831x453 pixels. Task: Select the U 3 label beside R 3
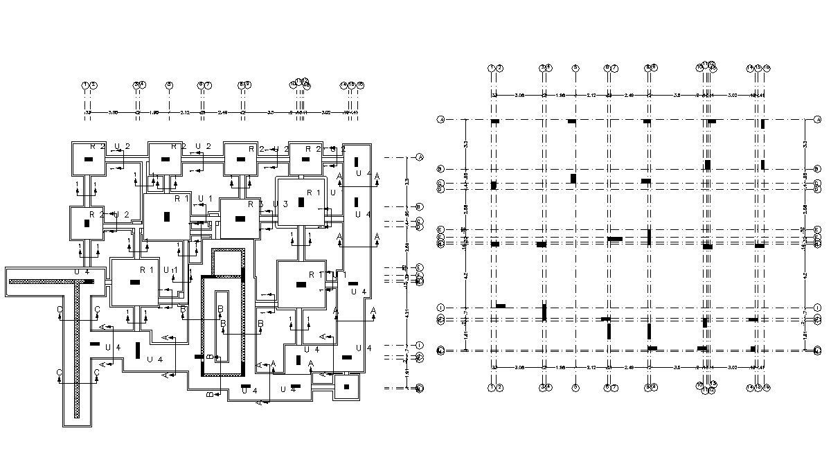[x=280, y=204]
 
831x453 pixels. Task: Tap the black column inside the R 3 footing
[x=240, y=218]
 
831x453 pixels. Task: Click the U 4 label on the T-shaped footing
[x=82, y=272]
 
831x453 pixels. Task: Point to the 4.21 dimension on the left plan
[x=408, y=312]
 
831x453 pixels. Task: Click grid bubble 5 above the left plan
[x=168, y=85]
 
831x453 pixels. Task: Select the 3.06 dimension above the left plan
[x=113, y=112]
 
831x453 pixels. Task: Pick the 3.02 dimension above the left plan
[x=326, y=112]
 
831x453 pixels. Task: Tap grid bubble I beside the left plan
[x=420, y=345]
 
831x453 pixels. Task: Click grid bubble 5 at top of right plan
[x=575, y=67]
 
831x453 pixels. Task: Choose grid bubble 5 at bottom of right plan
[x=575, y=388]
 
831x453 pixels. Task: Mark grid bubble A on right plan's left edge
[x=440, y=121]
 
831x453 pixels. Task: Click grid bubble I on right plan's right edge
[x=817, y=308]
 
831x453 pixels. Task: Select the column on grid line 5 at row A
[x=572, y=122]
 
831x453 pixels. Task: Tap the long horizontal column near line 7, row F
[x=614, y=239]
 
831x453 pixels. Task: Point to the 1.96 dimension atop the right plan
[x=559, y=95]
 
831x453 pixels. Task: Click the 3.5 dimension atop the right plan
[x=677, y=95]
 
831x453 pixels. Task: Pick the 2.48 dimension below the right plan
[x=629, y=366]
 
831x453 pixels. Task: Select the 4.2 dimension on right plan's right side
[x=805, y=275]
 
